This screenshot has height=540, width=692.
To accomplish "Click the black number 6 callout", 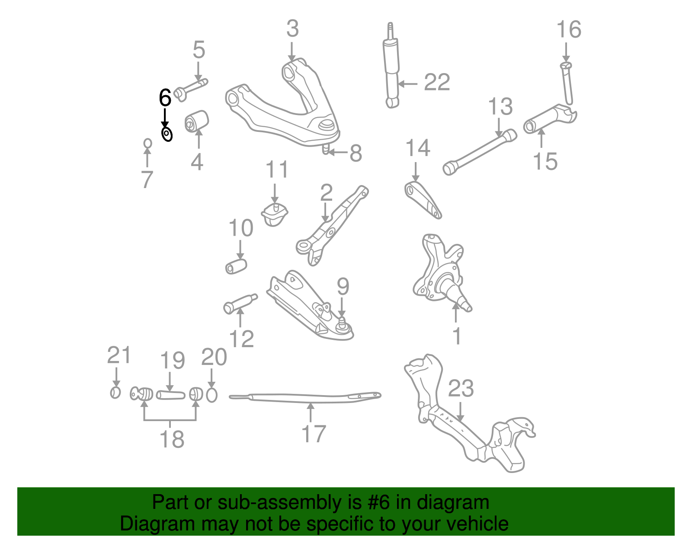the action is coord(165,98).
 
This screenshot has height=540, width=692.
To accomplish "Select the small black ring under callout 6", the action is coord(167,134).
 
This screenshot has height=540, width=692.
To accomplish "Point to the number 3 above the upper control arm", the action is coord(292,29).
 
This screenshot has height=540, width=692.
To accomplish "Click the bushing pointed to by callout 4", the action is coord(197,121).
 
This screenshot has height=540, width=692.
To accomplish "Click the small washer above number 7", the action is coord(147,143).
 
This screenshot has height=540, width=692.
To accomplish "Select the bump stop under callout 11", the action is coord(274,214).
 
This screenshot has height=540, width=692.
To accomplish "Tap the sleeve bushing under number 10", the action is coord(236,266).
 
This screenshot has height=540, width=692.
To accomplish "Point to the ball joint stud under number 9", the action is coord(343,323).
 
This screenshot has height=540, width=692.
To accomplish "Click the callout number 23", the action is coord(461,389).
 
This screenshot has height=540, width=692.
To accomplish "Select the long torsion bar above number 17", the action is coord(305,396).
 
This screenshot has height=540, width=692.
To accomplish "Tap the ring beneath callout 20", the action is coord(211,395).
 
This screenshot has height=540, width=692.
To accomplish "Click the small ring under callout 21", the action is coord(115,393).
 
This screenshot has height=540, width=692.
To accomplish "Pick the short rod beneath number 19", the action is coord(170,395).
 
